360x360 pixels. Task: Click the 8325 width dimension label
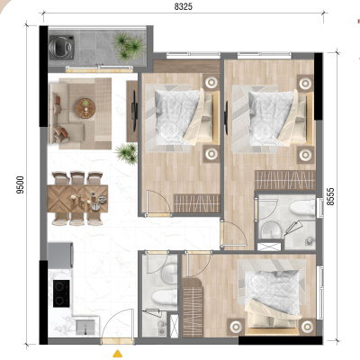pyautogui.click(x=184, y=6)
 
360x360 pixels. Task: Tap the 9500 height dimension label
pyautogui.click(x=21, y=184)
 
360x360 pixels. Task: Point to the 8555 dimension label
pyautogui.click(x=330, y=196)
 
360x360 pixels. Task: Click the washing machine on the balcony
pyautogui.click(x=62, y=46)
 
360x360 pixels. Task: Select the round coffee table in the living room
pyautogui.click(x=85, y=108)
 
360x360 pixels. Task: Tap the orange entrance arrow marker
pyautogui.click(x=118, y=354)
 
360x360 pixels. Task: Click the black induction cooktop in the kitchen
pyautogui.click(x=61, y=293)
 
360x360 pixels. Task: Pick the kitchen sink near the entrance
pyautogui.click(x=85, y=327)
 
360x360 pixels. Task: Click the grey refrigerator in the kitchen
pyautogui.click(x=60, y=256)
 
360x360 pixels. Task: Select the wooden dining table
pyautogui.click(x=77, y=199)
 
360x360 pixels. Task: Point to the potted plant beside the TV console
pyautogui.click(x=127, y=153)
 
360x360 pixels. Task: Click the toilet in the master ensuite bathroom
pyautogui.click(x=302, y=208)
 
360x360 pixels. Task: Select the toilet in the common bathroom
pyautogui.click(x=165, y=297)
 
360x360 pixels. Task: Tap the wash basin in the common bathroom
pyautogui.click(x=169, y=273)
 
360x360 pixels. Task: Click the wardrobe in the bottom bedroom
pyautogui.click(x=193, y=308)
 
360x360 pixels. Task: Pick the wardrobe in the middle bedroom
pyautogui.click(x=196, y=203)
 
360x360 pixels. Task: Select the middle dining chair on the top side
pyautogui.click(x=77, y=178)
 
